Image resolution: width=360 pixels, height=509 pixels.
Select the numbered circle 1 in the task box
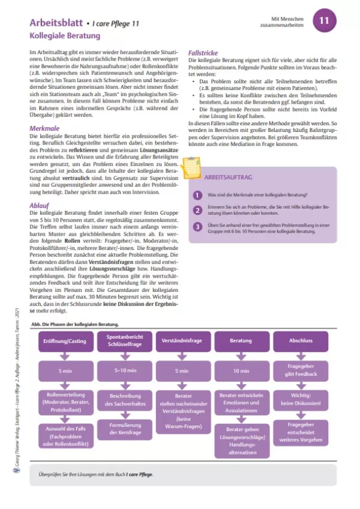pos(196,195)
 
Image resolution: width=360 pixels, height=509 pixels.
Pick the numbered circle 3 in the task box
pos(196,227)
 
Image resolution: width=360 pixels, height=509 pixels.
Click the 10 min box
pos(241,371)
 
